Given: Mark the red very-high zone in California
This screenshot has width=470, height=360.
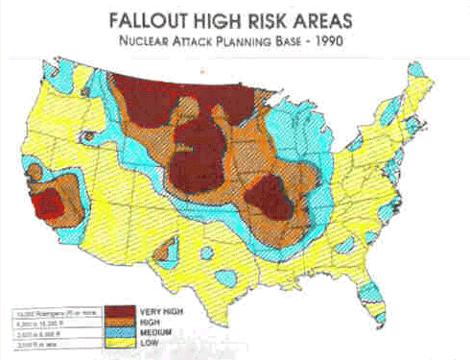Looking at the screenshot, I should [x=46, y=204].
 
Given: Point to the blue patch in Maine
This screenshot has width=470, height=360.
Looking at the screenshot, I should [x=418, y=74].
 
